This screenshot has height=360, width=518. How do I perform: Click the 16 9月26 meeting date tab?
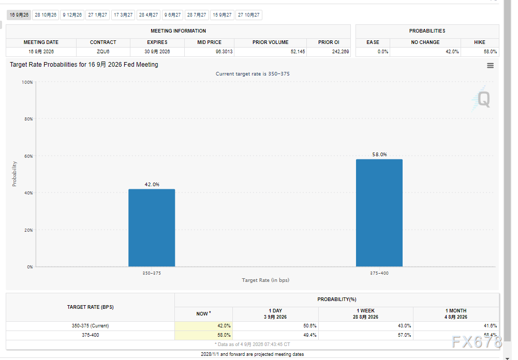click(19, 15)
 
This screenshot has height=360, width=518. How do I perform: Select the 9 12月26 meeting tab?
click(72, 15)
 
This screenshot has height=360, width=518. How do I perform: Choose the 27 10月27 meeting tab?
click(249, 15)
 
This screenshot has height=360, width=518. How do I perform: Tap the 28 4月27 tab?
click(149, 15)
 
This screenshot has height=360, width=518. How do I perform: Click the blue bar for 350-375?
click(152, 228)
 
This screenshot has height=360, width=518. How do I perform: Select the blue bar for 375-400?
click(379, 213)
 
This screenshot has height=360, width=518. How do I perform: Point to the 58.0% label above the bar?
click(379, 154)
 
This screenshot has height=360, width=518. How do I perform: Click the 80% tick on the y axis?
click(29, 119)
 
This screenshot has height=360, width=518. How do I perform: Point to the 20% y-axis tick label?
click(29, 230)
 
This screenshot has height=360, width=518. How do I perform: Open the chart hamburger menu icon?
click(490, 65)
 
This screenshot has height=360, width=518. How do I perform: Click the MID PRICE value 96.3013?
click(224, 52)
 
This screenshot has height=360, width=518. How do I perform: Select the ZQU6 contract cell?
click(103, 52)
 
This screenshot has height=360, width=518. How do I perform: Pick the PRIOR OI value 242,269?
click(341, 52)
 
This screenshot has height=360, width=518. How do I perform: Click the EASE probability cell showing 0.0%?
click(383, 52)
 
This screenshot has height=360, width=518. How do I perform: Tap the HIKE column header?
click(480, 42)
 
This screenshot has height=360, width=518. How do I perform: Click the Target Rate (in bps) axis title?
click(265, 280)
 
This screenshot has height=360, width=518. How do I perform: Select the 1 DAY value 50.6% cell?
click(310, 326)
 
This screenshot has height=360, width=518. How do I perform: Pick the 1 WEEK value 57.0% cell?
click(404, 335)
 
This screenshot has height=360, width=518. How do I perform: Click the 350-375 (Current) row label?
click(90, 326)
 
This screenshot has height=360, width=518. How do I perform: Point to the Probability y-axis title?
click(14, 174)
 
